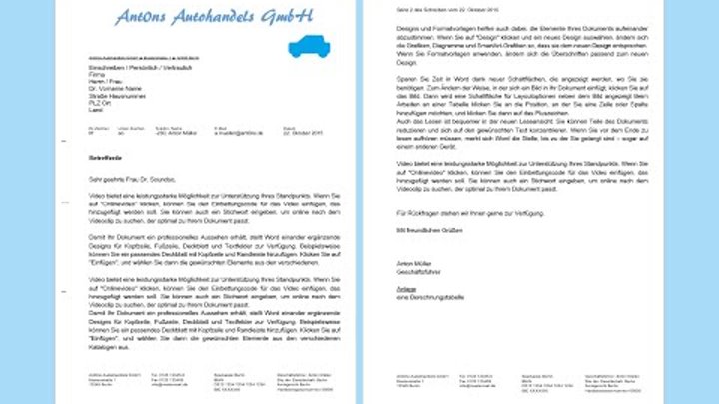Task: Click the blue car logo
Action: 310,45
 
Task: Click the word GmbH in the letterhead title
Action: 284,16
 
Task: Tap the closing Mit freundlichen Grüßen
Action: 420,230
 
